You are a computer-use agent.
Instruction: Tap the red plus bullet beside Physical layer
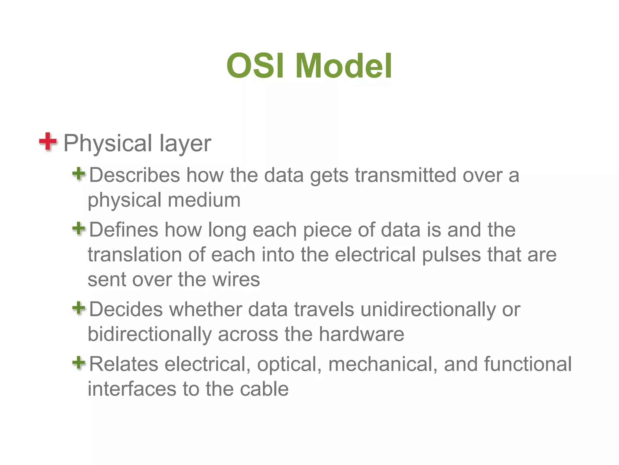(48, 141)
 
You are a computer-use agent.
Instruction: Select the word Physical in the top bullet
(108, 143)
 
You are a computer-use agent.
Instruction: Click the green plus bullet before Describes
(79, 174)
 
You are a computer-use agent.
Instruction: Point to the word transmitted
(405, 175)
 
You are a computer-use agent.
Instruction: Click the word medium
(204, 200)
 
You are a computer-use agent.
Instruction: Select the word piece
(327, 230)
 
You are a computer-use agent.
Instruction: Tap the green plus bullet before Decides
(79, 308)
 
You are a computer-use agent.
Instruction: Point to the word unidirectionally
(428, 310)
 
